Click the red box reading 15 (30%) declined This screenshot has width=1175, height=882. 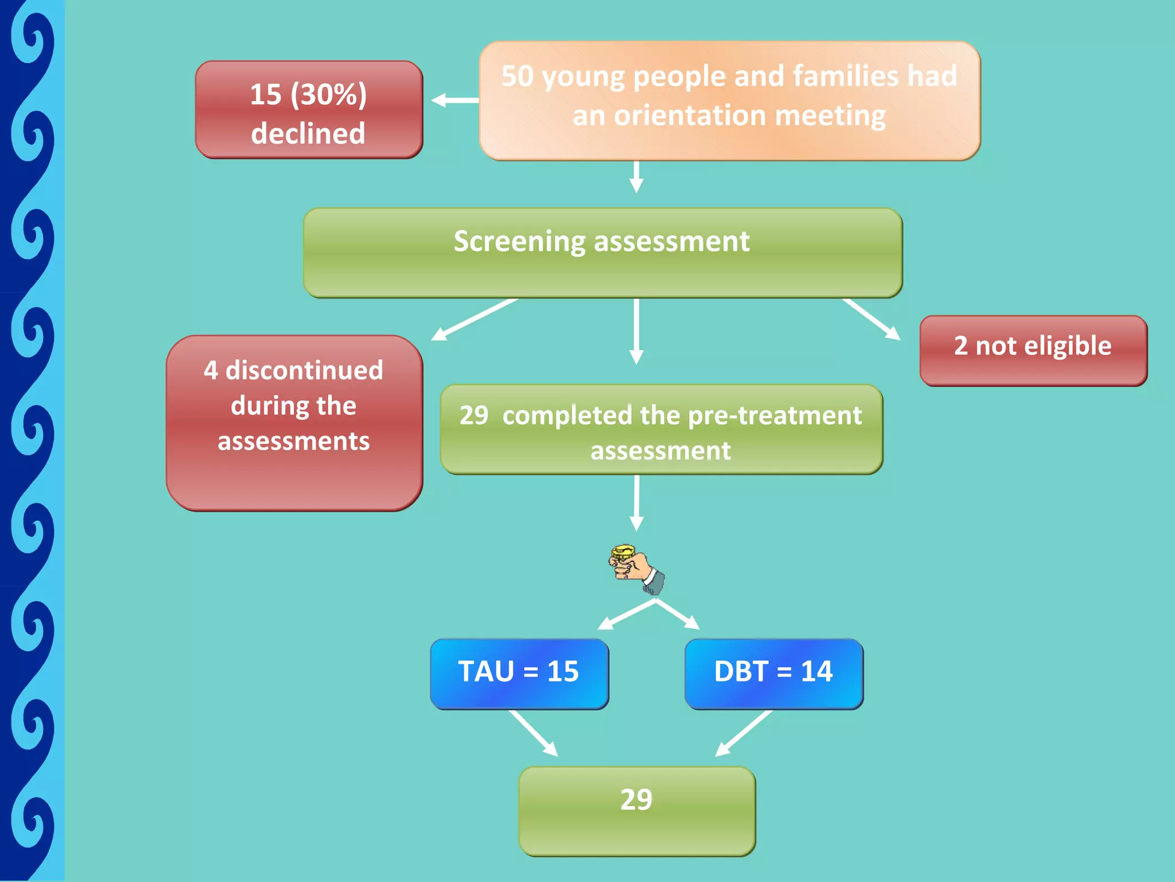(x=309, y=110)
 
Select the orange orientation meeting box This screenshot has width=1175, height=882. (x=729, y=100)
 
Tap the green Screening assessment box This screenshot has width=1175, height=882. (x=602, y=253)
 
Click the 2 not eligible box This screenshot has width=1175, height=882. (x=1033, y=350)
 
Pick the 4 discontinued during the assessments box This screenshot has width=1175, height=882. (x=294, y=423)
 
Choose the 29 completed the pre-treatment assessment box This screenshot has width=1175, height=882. (x=661, y=430)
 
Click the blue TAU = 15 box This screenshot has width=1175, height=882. (x=519, y=674)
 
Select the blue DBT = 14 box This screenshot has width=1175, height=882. (x=773, y=674)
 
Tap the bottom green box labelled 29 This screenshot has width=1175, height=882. (x=637, y=811)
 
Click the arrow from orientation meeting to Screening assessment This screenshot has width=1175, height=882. (x=636, y=176)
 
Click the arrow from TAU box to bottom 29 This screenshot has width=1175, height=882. (x=533, y=733)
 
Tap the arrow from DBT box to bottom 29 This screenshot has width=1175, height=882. (x=744, y=733)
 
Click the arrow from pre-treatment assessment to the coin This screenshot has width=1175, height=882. (x=636, y=502)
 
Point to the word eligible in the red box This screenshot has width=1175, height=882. (x=1068, y=346)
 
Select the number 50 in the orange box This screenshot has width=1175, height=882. (x=517, y=76)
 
